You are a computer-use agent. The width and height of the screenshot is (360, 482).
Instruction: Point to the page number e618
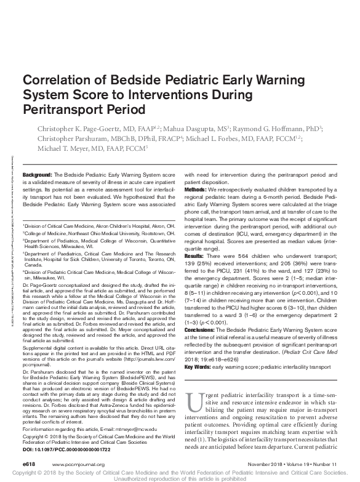30,463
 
